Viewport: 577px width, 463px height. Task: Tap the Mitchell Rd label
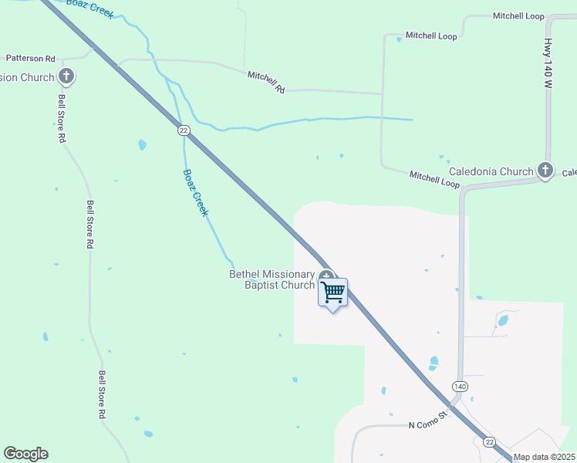coord(266,83)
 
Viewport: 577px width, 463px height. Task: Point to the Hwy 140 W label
coord(548,64)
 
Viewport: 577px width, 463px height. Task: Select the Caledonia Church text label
coord(491,171)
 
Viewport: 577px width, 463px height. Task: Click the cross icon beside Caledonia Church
coord(545,171)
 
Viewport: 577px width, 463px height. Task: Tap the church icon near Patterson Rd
coord(67,76)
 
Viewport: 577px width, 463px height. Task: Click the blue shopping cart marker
coord(332,292)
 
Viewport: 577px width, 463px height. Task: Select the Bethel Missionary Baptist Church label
coord(272,279)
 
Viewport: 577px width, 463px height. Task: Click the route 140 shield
coord(460,386)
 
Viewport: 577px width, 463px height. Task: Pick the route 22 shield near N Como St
coord(489,441)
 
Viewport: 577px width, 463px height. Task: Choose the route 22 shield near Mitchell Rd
coord(183,130)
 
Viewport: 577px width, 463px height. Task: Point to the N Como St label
coord(428,421)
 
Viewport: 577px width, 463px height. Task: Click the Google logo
coord(25,454)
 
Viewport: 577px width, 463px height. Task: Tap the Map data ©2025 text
coord(545,457)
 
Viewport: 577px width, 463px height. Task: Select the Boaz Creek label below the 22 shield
coord(195,193)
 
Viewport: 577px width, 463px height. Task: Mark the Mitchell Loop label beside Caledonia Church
coord(434,180)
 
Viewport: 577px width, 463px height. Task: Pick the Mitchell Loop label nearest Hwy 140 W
coord(518,16)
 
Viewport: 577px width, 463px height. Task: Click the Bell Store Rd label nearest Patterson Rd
coord(62,119)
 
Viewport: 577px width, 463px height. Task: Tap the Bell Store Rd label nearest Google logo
coord(101,394)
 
